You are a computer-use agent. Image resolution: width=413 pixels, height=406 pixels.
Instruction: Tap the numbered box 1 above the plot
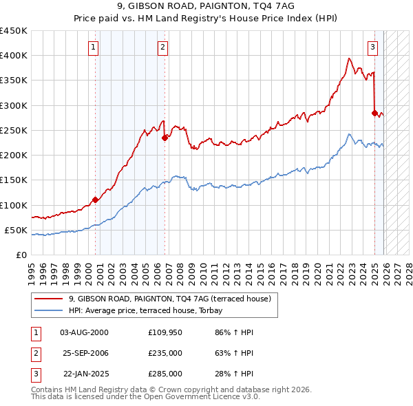(93, 47)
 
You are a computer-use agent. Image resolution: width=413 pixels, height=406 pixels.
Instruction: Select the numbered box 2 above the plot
(162, 47)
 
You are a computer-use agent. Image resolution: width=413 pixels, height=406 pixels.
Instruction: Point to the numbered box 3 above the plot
(372, 47)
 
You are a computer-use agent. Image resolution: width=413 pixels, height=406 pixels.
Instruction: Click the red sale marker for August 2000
(95, 200)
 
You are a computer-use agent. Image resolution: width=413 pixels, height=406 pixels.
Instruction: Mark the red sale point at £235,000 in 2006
(165, 138)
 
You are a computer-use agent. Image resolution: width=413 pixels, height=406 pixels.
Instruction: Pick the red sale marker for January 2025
(375, 113)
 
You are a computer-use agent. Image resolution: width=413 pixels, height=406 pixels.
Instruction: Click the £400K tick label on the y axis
(14, 56)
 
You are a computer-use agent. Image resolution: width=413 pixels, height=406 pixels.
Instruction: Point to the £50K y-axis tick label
(17, 230)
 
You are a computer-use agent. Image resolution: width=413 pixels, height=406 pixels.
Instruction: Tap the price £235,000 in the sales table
(165, 353)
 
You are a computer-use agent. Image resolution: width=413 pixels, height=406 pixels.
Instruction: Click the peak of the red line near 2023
(350, 58)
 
